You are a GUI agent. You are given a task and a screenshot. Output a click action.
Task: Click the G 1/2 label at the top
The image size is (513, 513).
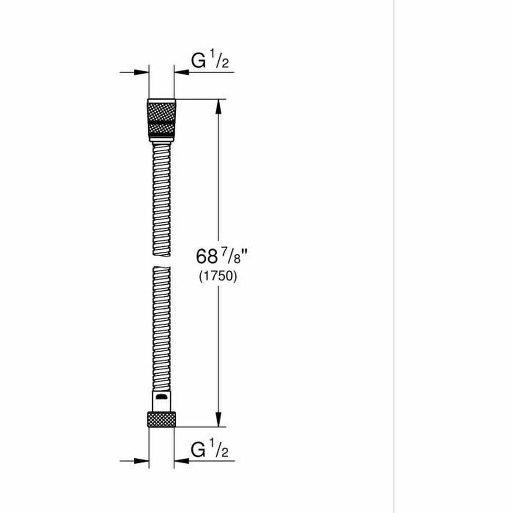pos(210,62)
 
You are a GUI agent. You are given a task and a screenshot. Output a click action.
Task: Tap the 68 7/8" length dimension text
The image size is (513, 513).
pos(222,256)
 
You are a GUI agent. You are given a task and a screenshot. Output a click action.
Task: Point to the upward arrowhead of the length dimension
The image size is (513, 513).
pos(218,107)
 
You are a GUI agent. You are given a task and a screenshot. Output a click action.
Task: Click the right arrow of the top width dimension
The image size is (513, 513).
pos(182,72)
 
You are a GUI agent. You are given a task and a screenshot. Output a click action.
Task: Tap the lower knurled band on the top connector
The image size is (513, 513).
pos(161,128)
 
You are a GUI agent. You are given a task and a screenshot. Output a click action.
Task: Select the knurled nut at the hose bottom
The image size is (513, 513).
pos(161,419)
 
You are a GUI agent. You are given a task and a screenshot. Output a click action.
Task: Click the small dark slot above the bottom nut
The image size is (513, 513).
pos(161,397)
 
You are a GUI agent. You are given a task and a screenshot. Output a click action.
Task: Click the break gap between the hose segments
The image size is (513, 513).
pos(161,261)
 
